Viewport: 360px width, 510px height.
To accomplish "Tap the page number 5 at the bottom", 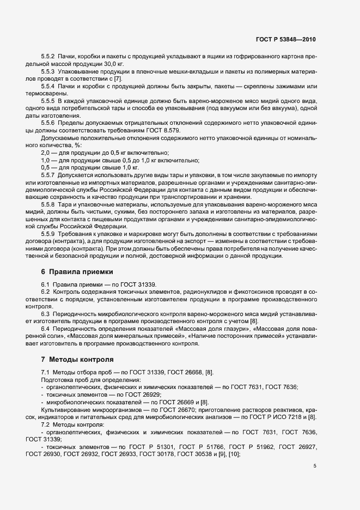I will tap(315, 466).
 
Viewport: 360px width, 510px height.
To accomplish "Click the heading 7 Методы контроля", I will tap(77, 360).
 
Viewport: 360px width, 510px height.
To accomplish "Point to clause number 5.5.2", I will tap(48, 57).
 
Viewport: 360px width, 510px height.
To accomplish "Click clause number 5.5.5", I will tap(48, 101).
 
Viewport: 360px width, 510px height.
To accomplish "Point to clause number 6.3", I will tap(45, 314).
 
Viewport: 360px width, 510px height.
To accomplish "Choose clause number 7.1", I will tap(45, 372).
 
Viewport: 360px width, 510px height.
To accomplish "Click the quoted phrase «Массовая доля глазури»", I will tap(228, 329).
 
